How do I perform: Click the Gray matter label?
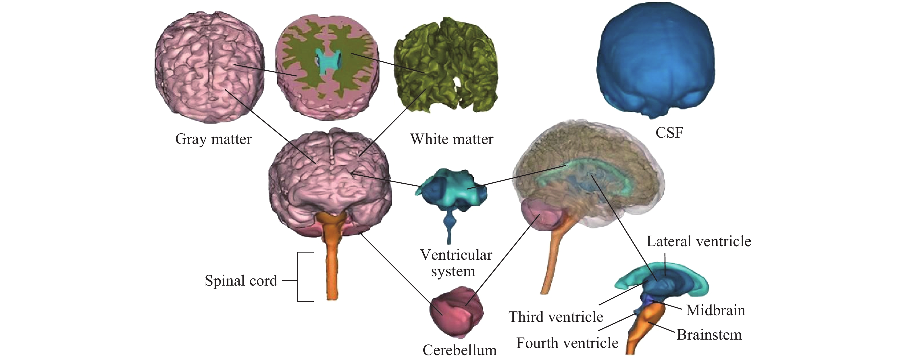213,139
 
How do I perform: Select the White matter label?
451,139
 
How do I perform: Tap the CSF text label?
669,133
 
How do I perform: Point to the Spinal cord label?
241,281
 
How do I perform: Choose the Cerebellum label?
459,350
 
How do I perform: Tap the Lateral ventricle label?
699,242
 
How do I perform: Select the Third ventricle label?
556,317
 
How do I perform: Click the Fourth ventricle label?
567,343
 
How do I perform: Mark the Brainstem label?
709,335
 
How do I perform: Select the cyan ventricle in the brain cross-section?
328,61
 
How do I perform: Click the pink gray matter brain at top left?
209,67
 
